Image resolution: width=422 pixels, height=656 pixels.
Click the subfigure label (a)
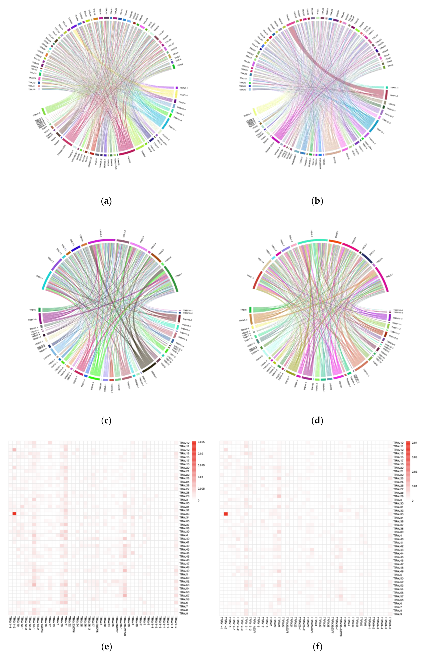(x=106, y=201)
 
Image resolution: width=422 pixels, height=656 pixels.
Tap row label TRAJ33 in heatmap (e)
(x=184, y=514)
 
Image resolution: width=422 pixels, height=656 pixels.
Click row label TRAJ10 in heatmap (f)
(x=398, y=443)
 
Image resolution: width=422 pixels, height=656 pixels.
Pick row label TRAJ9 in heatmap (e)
(x=184, y=614)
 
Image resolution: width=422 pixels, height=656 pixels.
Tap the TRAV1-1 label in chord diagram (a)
(x=184, y=88)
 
